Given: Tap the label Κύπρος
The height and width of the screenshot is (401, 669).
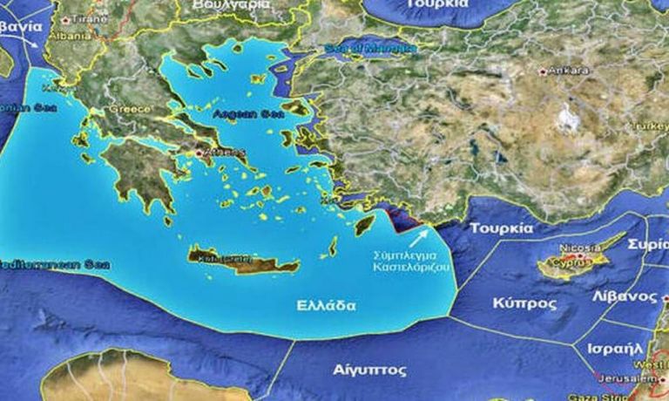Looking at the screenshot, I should point(525,304).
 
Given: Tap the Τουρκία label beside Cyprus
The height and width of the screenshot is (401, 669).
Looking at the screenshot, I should point(501,228).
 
